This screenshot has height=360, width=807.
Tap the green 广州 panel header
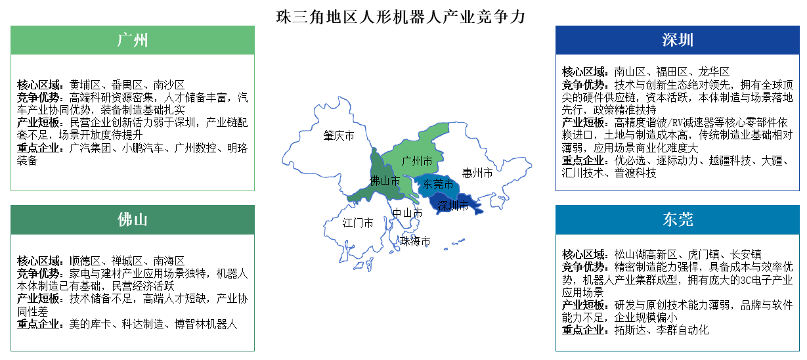click(133, 39)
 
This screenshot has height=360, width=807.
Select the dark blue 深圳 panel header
click(678, 40)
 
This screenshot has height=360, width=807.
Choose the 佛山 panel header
click(133, 219)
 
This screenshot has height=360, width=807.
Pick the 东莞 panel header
click(678, 219)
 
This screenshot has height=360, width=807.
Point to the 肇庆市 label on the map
click(339, 136)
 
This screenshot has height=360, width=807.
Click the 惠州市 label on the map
click(477, 173)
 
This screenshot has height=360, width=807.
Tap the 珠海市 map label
click(416, 241)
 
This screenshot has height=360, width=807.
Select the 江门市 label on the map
click(358, 223)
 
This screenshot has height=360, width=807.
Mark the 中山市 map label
click(407, 213)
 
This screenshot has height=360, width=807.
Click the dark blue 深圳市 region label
click(453, 206)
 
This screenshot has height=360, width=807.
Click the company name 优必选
click(631, 160)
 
